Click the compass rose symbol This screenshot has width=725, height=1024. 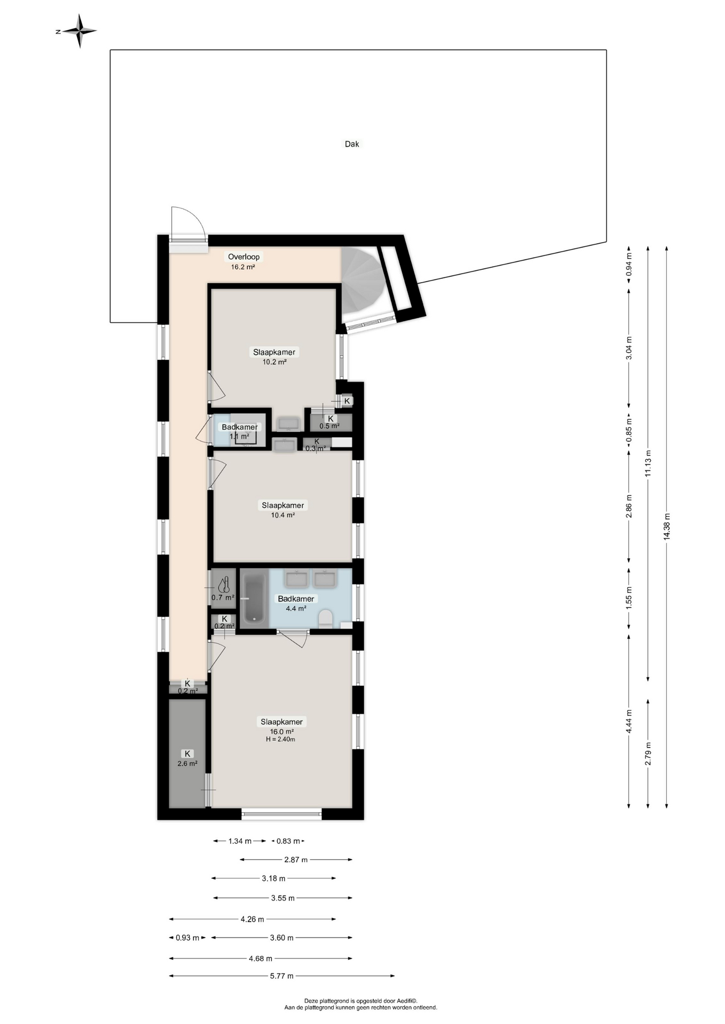80,31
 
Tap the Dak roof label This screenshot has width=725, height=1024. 352,144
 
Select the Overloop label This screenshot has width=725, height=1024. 243,257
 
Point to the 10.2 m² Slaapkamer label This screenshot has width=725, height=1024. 274,352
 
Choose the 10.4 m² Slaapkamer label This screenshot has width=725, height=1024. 282,505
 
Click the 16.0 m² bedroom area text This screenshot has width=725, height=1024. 281,732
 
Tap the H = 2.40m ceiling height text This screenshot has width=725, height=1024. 280,740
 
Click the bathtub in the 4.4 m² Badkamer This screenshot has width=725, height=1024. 254,598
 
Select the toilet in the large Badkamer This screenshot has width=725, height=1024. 326,619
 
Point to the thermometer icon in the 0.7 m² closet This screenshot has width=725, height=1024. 226,585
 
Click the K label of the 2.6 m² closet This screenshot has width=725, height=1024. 187,754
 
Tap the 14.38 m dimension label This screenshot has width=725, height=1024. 667,527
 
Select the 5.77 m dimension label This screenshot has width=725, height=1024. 282,976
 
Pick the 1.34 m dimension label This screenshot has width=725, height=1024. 240,841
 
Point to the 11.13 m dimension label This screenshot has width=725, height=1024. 648,463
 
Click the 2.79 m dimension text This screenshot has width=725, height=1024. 648,754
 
